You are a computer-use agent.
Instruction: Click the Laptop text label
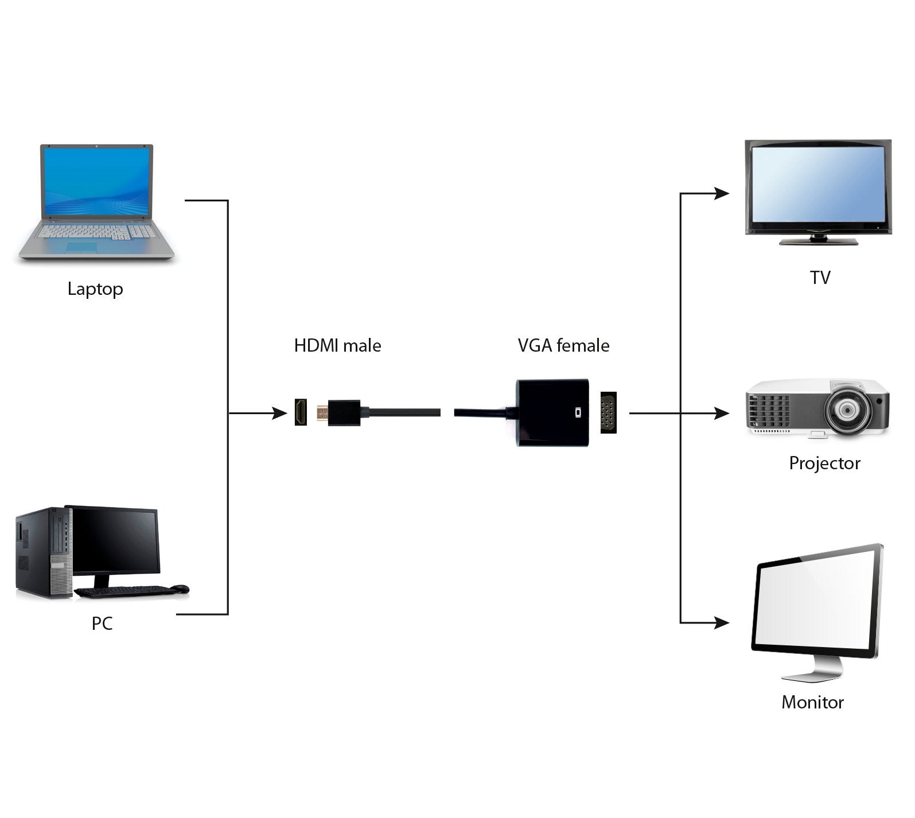[x=95, y=289]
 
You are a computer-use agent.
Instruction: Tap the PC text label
[x=102, y=623]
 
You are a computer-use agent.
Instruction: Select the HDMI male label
[x=337, y=345]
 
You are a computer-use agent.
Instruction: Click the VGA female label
[x=563, y=345]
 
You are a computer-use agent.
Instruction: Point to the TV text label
[x=820, y=278]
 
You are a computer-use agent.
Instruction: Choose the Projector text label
[x=824, y=463]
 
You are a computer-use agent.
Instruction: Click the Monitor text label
[x=812, y=702]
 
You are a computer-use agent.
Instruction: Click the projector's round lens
[x=847, y=410]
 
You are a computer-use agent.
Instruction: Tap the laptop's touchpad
[x=82, y=247]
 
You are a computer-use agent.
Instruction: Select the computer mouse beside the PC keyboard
[x=180, y=589]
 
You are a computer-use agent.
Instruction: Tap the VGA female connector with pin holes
[x=608, y=412]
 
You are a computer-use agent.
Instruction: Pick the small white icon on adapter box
[x=578, y=412]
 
